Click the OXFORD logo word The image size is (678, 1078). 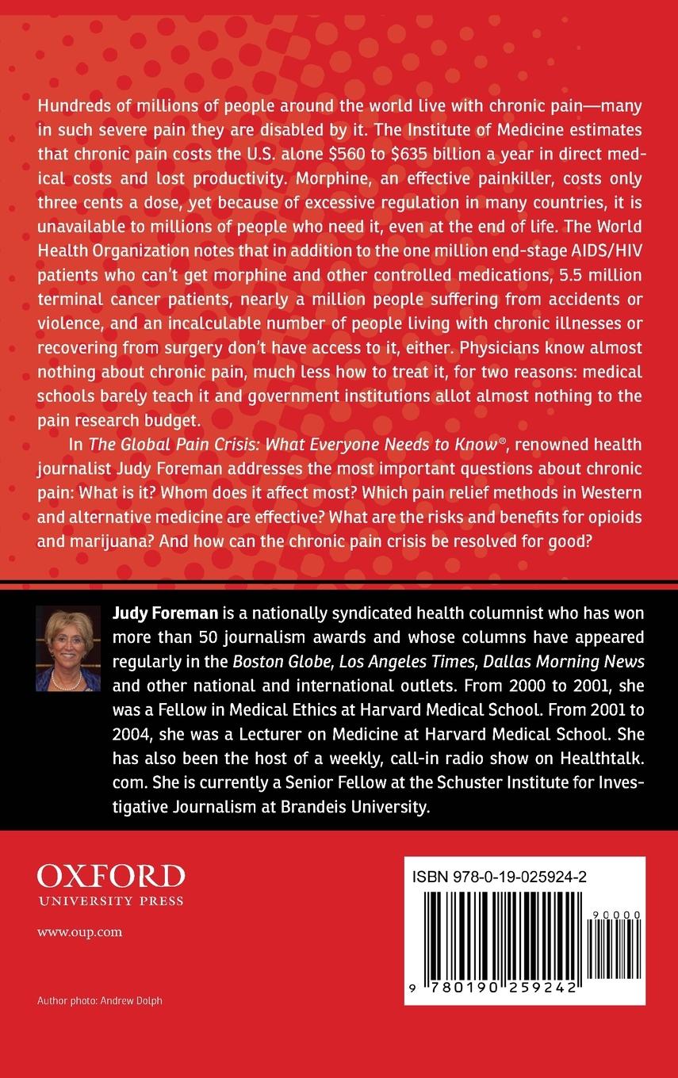coord(111,876)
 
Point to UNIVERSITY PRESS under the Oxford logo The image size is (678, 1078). coord(110,900)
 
